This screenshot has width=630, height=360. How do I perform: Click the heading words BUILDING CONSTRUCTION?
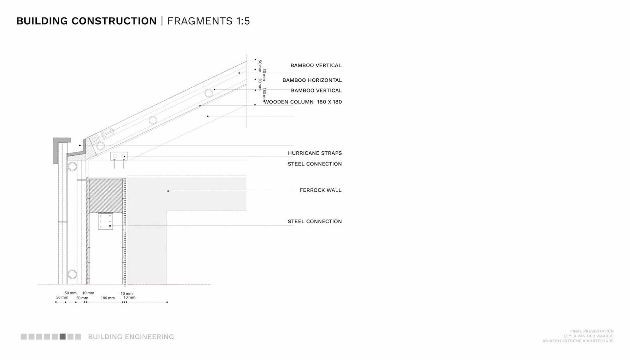pos(87,21)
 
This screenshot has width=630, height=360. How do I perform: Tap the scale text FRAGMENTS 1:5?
pos(209,21)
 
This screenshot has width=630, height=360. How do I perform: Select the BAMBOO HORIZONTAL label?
pos(312,80)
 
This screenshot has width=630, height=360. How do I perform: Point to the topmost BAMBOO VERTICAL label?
pos(316,65)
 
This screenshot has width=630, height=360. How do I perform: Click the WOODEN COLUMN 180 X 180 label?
pos(303,102)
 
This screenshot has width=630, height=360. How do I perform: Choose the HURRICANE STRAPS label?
pos(315,153)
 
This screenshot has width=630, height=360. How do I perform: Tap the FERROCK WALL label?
pos(320,190)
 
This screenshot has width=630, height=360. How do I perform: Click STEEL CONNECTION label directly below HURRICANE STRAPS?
pos(315,164)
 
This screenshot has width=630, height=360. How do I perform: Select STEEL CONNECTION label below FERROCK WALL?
pos(315,222)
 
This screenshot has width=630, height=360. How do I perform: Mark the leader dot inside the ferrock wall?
pos(168,191)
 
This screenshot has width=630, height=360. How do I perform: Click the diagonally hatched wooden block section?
pos(106,195)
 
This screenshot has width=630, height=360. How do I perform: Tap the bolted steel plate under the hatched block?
pos(105,221)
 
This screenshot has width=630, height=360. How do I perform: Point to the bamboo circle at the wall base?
pos(72,274)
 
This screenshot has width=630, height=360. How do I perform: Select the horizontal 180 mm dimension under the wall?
pos(108,298)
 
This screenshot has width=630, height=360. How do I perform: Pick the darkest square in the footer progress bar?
pos(63,336)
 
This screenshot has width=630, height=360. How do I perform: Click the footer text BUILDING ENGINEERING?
pos(131,337)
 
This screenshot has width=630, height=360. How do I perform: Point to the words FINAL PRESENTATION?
pos(592,331)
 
